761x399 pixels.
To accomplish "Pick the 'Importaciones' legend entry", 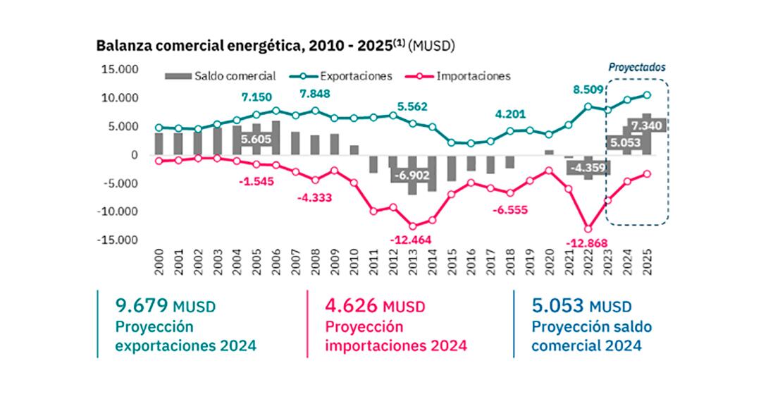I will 473,75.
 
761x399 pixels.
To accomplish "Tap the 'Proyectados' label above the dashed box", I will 637,68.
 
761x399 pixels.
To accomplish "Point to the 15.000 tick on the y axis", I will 120,69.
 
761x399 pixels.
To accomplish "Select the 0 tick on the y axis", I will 133,154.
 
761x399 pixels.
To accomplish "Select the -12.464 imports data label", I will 411,240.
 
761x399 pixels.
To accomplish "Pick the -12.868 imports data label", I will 586,243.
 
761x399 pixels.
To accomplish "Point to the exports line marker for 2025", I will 647,95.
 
